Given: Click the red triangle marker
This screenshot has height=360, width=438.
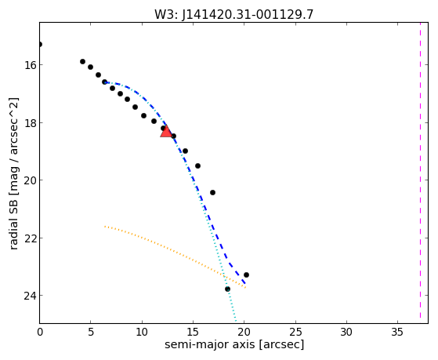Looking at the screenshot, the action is click(x=166, y=131).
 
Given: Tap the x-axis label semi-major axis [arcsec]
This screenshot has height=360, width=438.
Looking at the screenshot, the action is click(x=234, y=344).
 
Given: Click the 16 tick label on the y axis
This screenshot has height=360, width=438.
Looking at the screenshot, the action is click(x=31, y=65).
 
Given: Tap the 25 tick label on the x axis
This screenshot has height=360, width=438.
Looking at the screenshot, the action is click(x=295, y=332).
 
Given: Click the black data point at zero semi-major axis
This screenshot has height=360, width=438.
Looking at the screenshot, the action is click(x=40, y=44).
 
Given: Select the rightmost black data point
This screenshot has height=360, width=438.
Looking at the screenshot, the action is click(x=246, y=275).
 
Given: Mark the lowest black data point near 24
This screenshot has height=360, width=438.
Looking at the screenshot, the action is click(x=228, y=289).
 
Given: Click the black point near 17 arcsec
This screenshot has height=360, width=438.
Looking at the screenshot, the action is click(x=212, y=192).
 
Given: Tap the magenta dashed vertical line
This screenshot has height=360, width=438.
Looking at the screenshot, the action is click(x=420, y=173).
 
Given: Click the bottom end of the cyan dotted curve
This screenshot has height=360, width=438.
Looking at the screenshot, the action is click(x=236, y=321).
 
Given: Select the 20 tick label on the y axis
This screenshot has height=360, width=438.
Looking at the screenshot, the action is click(x=31, y=180).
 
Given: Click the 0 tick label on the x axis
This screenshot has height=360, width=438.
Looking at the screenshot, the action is click(x=40, y=332).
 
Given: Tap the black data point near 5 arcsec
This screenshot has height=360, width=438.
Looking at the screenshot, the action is click(x=91, y=67).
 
